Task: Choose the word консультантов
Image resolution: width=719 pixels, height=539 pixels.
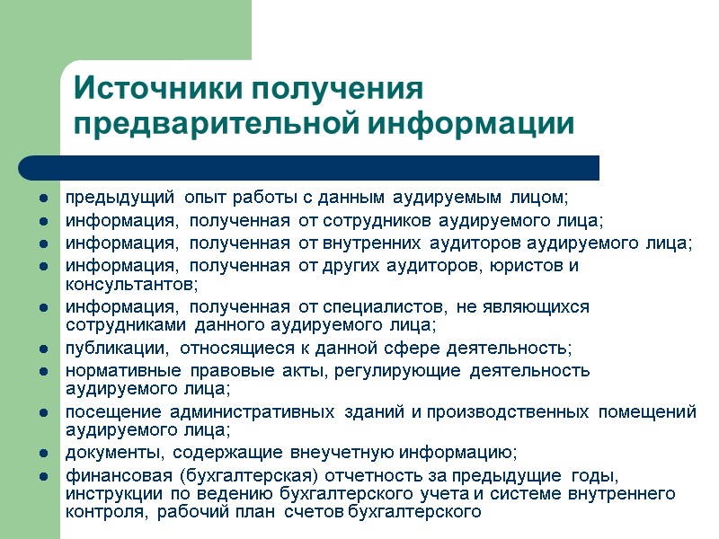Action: pyautogui.click(x=129, y=284)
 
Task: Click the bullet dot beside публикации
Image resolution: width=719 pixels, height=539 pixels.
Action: pyautogui.click(x=43, y=349)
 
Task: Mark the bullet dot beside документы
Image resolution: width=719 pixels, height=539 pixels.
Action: pyautogui.click(x=43, y=453)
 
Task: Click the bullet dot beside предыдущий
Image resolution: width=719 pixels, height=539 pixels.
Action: pyautogui.click(x=43, y=197)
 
